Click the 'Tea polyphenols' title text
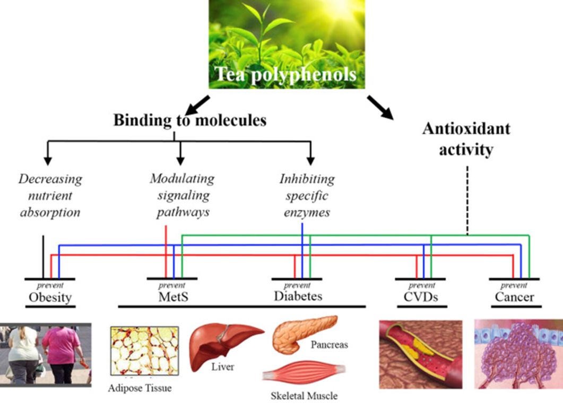[285, 74]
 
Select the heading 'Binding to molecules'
[189, 120]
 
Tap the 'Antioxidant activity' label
[466, 139]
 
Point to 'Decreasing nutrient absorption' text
[50, 196]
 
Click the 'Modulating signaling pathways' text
[181, 195]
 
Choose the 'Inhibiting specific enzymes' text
[307, 196]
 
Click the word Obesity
[50, 296]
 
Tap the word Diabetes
[298, 295]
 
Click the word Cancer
[514, 296]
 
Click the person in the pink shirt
[60, 353]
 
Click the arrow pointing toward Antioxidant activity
[380, 106]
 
